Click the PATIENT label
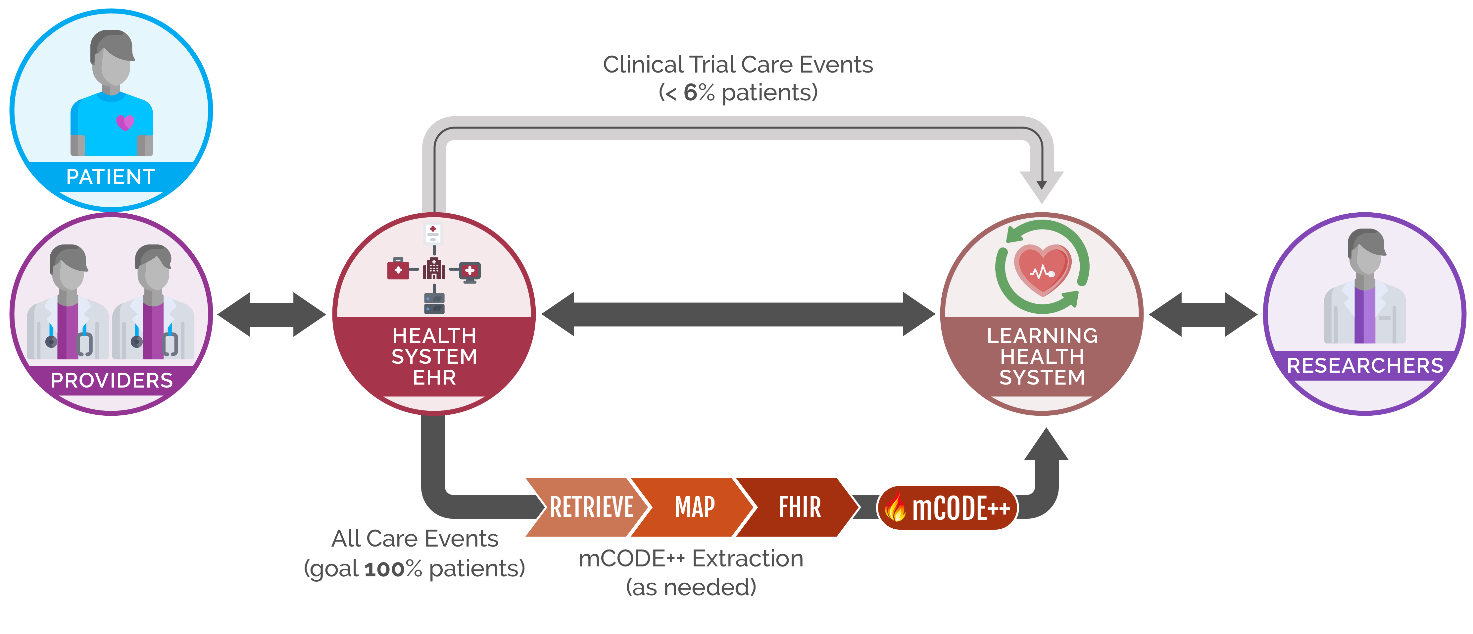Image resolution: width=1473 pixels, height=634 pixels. tap(111, 177)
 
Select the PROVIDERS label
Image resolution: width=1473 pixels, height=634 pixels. tap(112, 381)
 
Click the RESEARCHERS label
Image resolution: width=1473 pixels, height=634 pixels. tap(1365, 366)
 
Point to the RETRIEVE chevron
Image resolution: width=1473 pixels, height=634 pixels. tap(589, 507)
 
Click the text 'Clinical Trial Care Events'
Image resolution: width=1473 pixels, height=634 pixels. tap(738, 65)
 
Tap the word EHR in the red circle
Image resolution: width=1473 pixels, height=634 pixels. tap(434, 378)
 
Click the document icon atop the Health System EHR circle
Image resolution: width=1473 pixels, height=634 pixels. tap(433, 233)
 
